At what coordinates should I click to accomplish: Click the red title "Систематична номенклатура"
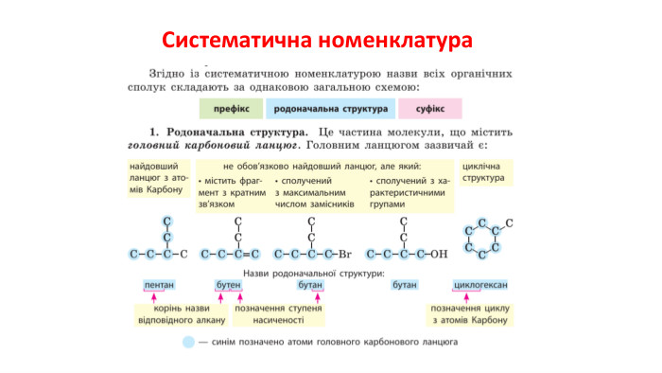(x=330, y=41)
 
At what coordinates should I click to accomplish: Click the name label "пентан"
(x=158, y=285)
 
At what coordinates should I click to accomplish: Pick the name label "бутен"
(x=229, y=285)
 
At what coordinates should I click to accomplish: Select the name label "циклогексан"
(x=481, y=285)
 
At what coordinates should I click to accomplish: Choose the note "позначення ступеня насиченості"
(x=279, y=314)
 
